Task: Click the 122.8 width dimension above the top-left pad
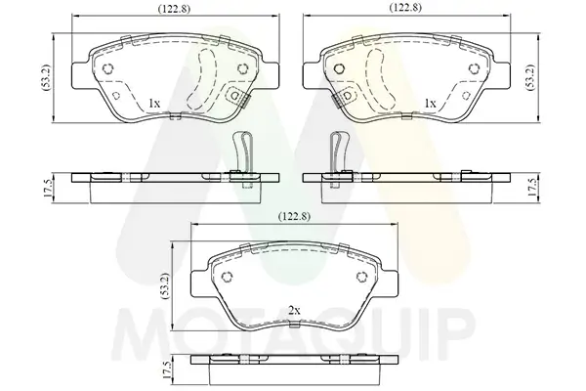[x=174, y=9]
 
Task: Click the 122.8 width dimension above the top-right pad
[x=405, y=8]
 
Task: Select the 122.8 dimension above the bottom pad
[x=294, y=216]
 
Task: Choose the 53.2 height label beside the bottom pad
[x=166, y=285]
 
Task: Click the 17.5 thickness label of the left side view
[x=48, y=189]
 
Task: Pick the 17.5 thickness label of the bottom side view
[x=166, y=370]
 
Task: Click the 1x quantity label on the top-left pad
[x=154, y=104]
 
